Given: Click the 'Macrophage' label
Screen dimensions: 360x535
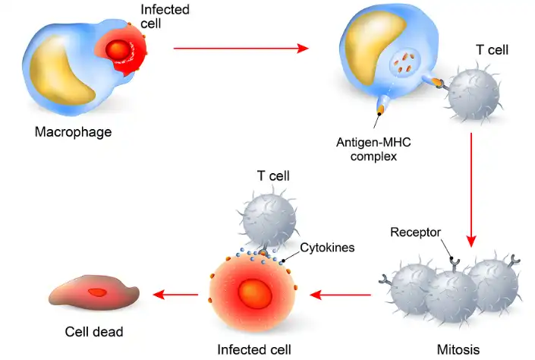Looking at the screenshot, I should coord(73,132).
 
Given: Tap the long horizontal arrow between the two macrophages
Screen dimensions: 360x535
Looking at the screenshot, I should coord(241,49).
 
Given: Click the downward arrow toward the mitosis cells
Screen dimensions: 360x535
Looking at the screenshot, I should coord(471,190).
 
